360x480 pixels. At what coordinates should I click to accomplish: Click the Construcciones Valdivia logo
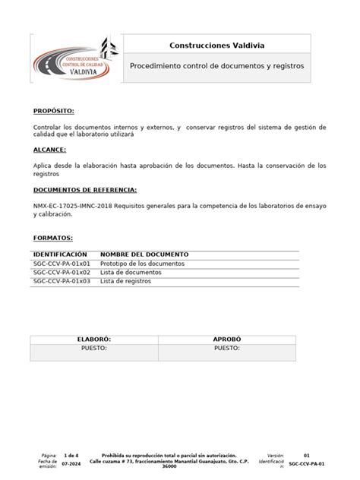pos(74,65)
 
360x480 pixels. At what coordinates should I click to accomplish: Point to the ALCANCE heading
pos(50,150)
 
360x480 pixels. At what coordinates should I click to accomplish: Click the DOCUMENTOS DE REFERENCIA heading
pos(85,189)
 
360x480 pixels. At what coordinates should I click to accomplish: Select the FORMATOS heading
pos(52,238)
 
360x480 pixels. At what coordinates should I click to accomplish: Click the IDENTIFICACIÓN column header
pos(61,254)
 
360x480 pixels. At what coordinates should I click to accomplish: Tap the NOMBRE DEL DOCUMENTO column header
pos(144,254)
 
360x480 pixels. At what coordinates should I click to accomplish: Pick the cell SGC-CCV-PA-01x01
pos(62,263)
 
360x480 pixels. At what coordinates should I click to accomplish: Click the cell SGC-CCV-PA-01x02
pos(62,272)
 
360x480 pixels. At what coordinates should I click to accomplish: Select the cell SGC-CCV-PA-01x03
pos(62,281)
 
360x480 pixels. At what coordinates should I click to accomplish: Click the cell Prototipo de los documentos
pos(142,263)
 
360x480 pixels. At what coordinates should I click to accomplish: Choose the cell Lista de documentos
pos(131,272)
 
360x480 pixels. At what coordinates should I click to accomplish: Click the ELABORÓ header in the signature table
pos(95,339)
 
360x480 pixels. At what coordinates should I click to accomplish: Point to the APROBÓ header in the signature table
pos(227,339)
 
